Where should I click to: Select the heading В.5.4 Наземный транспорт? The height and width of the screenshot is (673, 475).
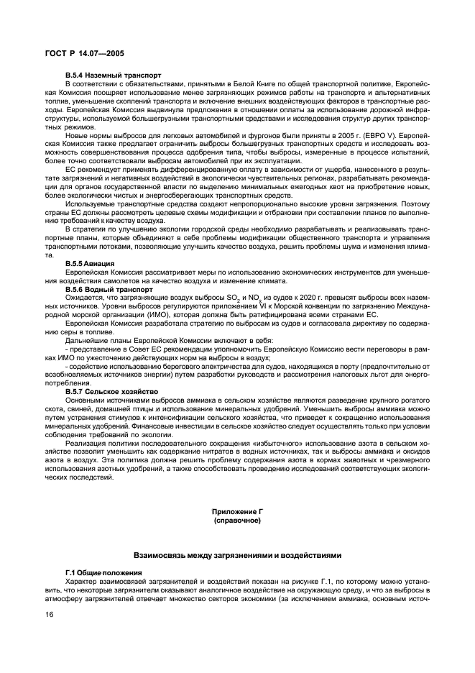[113, 74]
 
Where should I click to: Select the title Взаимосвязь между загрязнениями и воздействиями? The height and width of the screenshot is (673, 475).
[237, 556]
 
